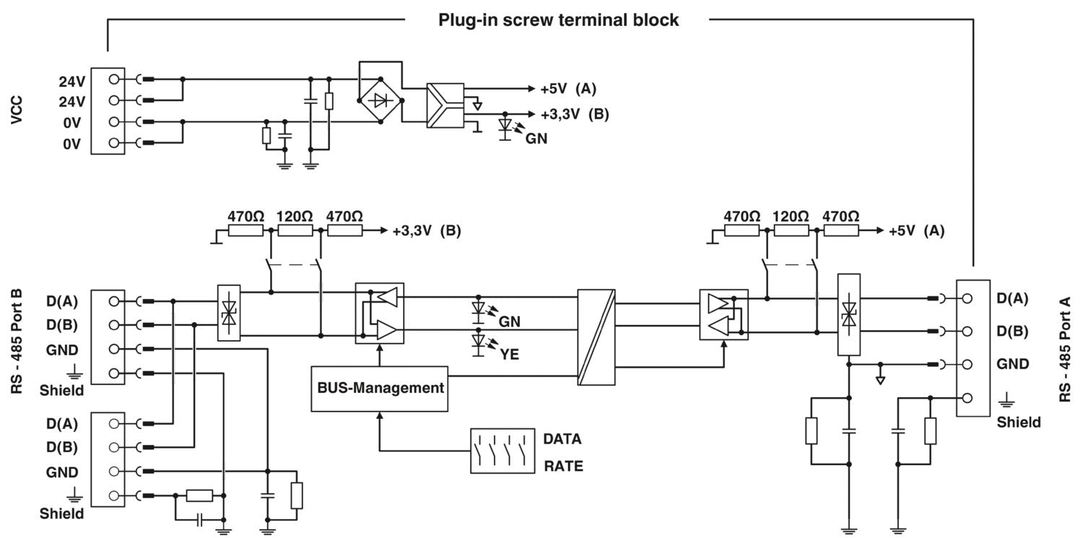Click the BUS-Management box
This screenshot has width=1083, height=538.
click(x=380, y=389)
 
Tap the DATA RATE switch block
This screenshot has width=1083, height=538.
click(x=502, y=451)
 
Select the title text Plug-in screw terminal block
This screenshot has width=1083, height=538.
click(x=559, y=20)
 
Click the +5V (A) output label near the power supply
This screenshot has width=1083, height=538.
click(x=568, y=89)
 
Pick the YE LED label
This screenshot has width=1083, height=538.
click(x=509, y=354)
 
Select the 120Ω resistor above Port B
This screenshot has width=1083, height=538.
click(x=295, y=231)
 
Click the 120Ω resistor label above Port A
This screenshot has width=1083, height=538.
click(x=791, y=216)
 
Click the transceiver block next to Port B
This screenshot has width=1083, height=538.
click(x=380, y=312)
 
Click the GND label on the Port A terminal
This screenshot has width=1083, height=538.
click(x=1012, y=364)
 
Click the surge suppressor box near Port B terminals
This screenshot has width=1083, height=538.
click(x=229, y=312)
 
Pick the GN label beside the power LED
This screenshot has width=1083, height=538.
click(x=536, y=139)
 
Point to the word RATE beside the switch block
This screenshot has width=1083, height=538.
click(x=563, y=467)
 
